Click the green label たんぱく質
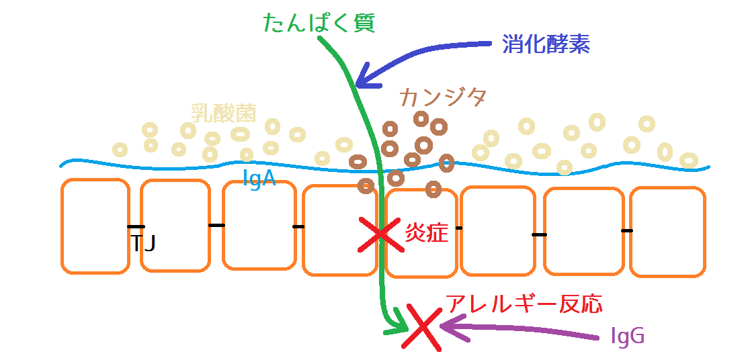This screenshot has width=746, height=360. point(319,22)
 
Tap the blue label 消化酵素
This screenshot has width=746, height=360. point(546,45)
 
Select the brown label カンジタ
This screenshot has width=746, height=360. point(443,97)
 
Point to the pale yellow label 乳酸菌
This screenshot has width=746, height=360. point(224,114)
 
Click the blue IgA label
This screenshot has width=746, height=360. point(259,179)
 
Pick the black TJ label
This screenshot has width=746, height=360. point(142,243)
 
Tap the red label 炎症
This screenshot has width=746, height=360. point(426,232)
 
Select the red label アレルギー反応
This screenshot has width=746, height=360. point(524,304)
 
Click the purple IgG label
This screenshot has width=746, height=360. point(628,336)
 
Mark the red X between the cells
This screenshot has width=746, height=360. point(380,234)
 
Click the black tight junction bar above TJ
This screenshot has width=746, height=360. point(136,226)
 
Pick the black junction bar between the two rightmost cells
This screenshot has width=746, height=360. point(627,230)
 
